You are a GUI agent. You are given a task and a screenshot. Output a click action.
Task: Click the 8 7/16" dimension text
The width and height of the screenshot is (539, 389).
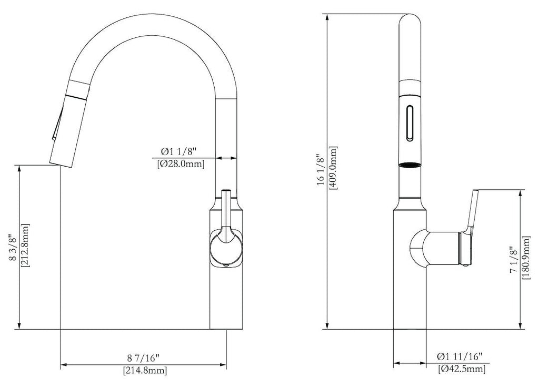pos(143,358)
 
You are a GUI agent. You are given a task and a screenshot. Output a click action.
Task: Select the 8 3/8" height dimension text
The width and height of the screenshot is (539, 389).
pos(13,248)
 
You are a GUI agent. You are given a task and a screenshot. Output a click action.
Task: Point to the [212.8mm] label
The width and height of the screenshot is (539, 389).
pos(25,245)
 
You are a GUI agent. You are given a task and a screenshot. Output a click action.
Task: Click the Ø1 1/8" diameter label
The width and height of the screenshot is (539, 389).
pos(178,151)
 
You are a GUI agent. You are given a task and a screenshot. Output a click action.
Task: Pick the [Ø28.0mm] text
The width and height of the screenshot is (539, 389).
pos(180,164)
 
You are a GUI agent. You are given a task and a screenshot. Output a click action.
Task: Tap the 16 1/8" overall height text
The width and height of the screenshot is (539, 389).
pos(321,170)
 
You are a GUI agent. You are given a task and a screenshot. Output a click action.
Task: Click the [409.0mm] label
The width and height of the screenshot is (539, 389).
pos(333,168)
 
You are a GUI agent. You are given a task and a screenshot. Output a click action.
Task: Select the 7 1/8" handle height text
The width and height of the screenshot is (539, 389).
pos(513,260)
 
